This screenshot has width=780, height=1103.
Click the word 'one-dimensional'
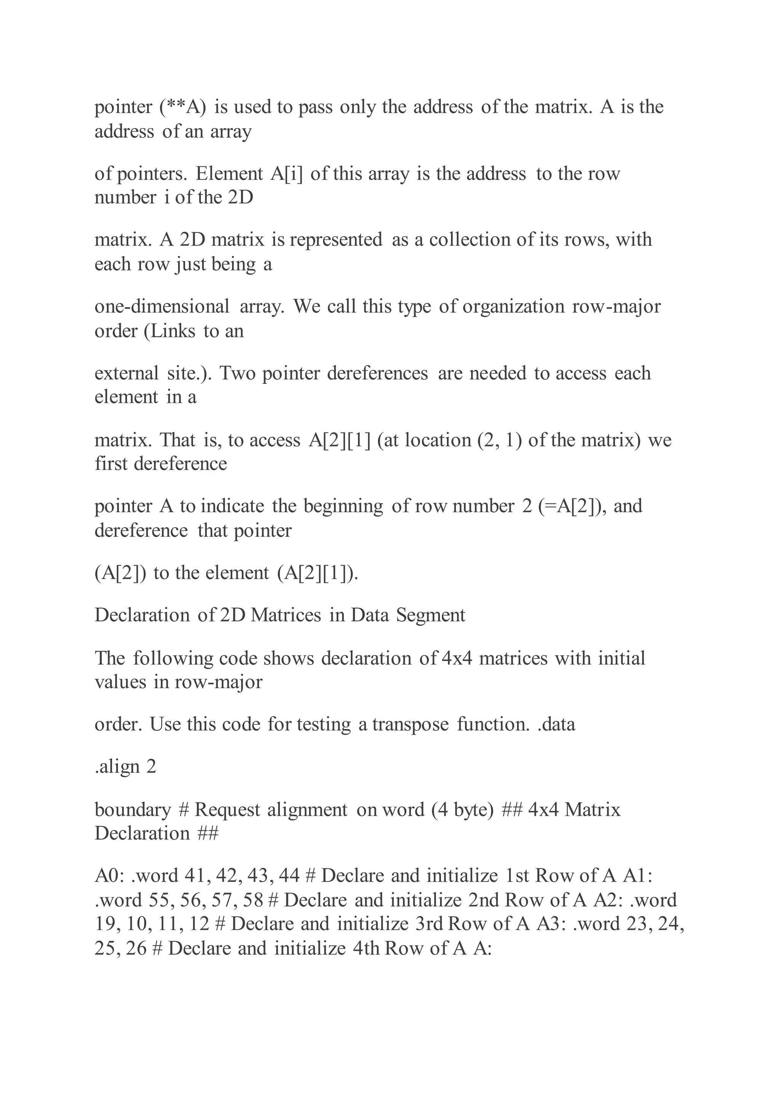pyautogui.click(x=162, y=307)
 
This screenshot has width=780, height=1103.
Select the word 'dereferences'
pyautogui.click(x=377, y=374)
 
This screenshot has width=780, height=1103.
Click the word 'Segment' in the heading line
pyautogui.click(x=430, y=616)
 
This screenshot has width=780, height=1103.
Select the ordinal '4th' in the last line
pyautogui.click(x=366, y=949)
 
